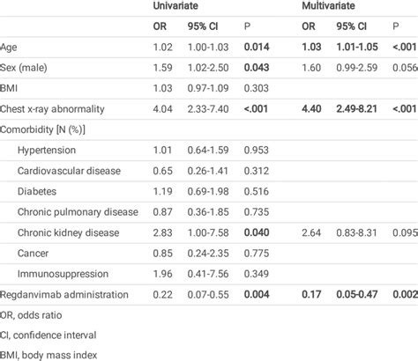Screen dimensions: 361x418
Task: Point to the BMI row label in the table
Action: pyautogui.click(x=11, y=87)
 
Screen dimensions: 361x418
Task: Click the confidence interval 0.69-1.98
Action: pyautogui.click(x=206, y=190)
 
